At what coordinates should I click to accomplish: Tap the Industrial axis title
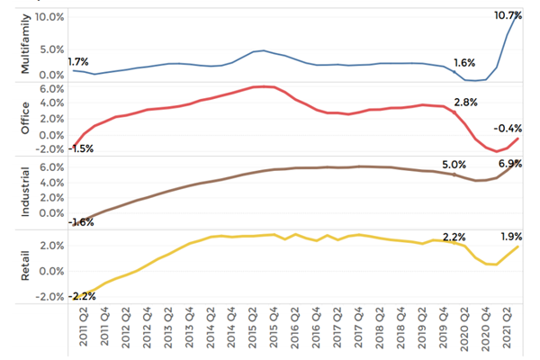click(x=25, y=191)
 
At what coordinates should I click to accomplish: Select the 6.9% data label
click(x=511, y=165)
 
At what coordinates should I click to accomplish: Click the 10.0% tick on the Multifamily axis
click(x=51, y=18)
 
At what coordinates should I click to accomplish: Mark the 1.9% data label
click(x=511, y=238)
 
